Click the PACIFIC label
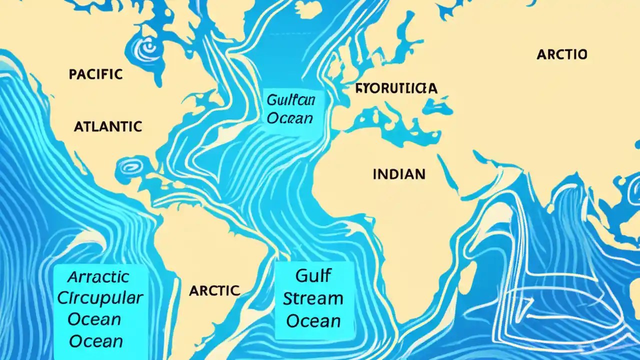(95, 74)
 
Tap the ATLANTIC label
(107, 126)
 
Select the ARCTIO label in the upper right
(561, 54)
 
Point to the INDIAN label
(399, 174)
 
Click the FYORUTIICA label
(396, 88)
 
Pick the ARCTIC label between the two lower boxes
(214, 290)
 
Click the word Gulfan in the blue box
(290, 100)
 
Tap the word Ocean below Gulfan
(290, 118)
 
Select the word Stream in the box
(313, 298)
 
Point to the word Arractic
(98, 276)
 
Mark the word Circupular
(100, 298)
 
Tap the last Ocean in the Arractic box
(96, 341)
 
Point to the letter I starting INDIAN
(375, 174)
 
